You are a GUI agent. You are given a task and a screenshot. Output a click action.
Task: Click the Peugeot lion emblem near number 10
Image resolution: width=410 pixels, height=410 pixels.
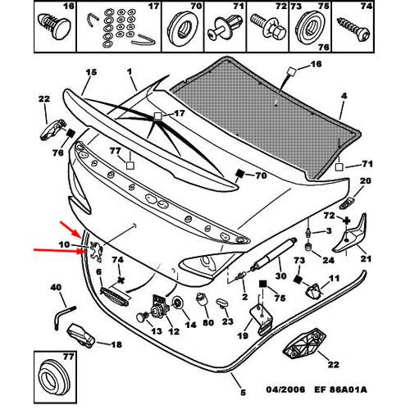pos(97,252)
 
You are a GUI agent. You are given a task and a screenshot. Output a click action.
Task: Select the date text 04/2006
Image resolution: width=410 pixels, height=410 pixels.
pos(285,389)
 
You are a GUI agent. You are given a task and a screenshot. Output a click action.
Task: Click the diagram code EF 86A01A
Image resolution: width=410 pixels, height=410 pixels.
pos(340,389)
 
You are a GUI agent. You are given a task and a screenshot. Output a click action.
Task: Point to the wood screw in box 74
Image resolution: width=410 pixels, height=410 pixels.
pos(354,30)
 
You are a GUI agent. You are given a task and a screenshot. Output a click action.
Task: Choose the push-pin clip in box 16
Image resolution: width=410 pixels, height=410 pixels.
pos(53,26)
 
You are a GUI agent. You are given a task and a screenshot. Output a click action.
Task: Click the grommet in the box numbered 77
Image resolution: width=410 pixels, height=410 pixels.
pos(54,379)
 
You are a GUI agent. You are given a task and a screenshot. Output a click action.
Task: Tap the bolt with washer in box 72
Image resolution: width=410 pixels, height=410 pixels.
pos(268,26)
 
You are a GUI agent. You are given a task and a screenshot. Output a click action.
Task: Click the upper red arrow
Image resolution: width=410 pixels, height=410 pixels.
pos(71,229)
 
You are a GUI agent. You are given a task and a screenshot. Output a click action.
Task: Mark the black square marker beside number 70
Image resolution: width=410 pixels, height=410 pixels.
pos(240,174)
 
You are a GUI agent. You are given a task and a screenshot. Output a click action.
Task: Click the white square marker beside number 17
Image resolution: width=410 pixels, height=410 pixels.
pos(157,116)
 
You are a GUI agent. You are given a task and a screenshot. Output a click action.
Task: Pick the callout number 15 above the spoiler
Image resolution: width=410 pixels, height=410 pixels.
pos(91,72)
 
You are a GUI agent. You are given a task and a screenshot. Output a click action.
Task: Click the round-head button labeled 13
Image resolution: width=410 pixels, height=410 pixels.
pos(142,318)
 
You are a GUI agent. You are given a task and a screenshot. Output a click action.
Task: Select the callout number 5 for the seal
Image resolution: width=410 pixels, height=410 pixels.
pos(243,393)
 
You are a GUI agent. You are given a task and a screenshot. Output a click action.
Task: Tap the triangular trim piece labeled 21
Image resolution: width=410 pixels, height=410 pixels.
pos(351,235)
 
